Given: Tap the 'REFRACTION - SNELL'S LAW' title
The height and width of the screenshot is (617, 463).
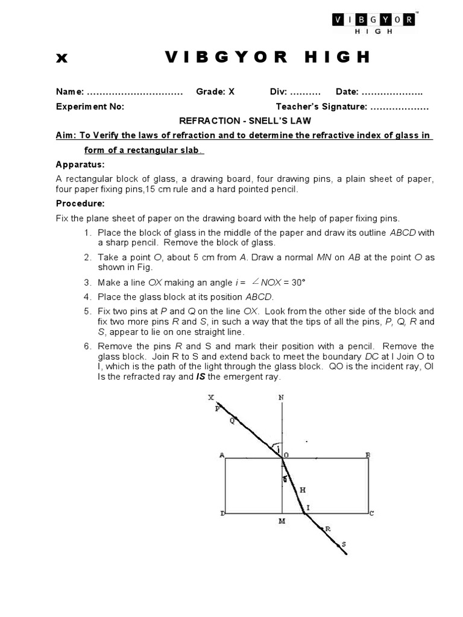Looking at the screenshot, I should (245, 121).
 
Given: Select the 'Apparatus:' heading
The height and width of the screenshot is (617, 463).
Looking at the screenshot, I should (80, 164).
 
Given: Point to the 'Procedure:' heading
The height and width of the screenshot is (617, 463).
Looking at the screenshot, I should (80, 203).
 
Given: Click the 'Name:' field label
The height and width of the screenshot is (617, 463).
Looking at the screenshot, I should (70, 92).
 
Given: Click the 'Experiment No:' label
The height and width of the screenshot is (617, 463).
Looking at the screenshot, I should (90, 107).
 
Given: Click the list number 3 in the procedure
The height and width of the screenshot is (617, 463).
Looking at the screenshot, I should (87, 282).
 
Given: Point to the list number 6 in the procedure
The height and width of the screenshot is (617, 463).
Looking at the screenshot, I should (87, 346).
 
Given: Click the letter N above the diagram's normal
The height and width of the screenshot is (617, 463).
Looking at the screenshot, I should (281, 398).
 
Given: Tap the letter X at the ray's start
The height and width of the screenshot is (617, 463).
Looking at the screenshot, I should (210, 398).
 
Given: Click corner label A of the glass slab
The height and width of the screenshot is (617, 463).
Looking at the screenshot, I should (222, 456).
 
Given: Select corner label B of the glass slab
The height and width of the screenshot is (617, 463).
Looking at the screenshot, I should (368, 455).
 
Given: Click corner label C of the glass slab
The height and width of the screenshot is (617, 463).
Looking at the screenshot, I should (371, 513).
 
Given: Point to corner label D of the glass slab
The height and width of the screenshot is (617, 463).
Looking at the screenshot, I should (222, 513).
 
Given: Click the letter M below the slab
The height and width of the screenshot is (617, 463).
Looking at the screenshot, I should (282, 521).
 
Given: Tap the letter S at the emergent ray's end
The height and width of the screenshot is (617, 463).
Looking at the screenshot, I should (344, 544).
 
